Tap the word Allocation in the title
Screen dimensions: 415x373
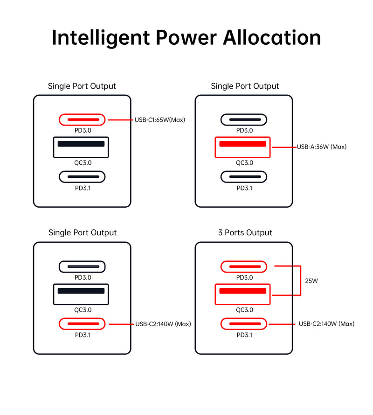272,37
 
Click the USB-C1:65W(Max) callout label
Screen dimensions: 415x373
160,120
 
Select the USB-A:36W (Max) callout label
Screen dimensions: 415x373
322,147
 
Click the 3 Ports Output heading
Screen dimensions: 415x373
245,232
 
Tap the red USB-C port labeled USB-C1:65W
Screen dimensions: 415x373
82,120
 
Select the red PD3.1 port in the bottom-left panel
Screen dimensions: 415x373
82,324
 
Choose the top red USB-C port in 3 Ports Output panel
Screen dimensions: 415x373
244,267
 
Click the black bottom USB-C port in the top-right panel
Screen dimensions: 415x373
244,177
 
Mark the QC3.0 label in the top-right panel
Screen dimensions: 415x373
244,163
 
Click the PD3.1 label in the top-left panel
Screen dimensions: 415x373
82,188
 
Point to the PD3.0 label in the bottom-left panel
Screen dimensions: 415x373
82,278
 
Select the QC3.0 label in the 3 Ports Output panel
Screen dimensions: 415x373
244,309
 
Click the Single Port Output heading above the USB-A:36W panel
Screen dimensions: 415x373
245,86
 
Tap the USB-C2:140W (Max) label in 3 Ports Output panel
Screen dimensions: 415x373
326,324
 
